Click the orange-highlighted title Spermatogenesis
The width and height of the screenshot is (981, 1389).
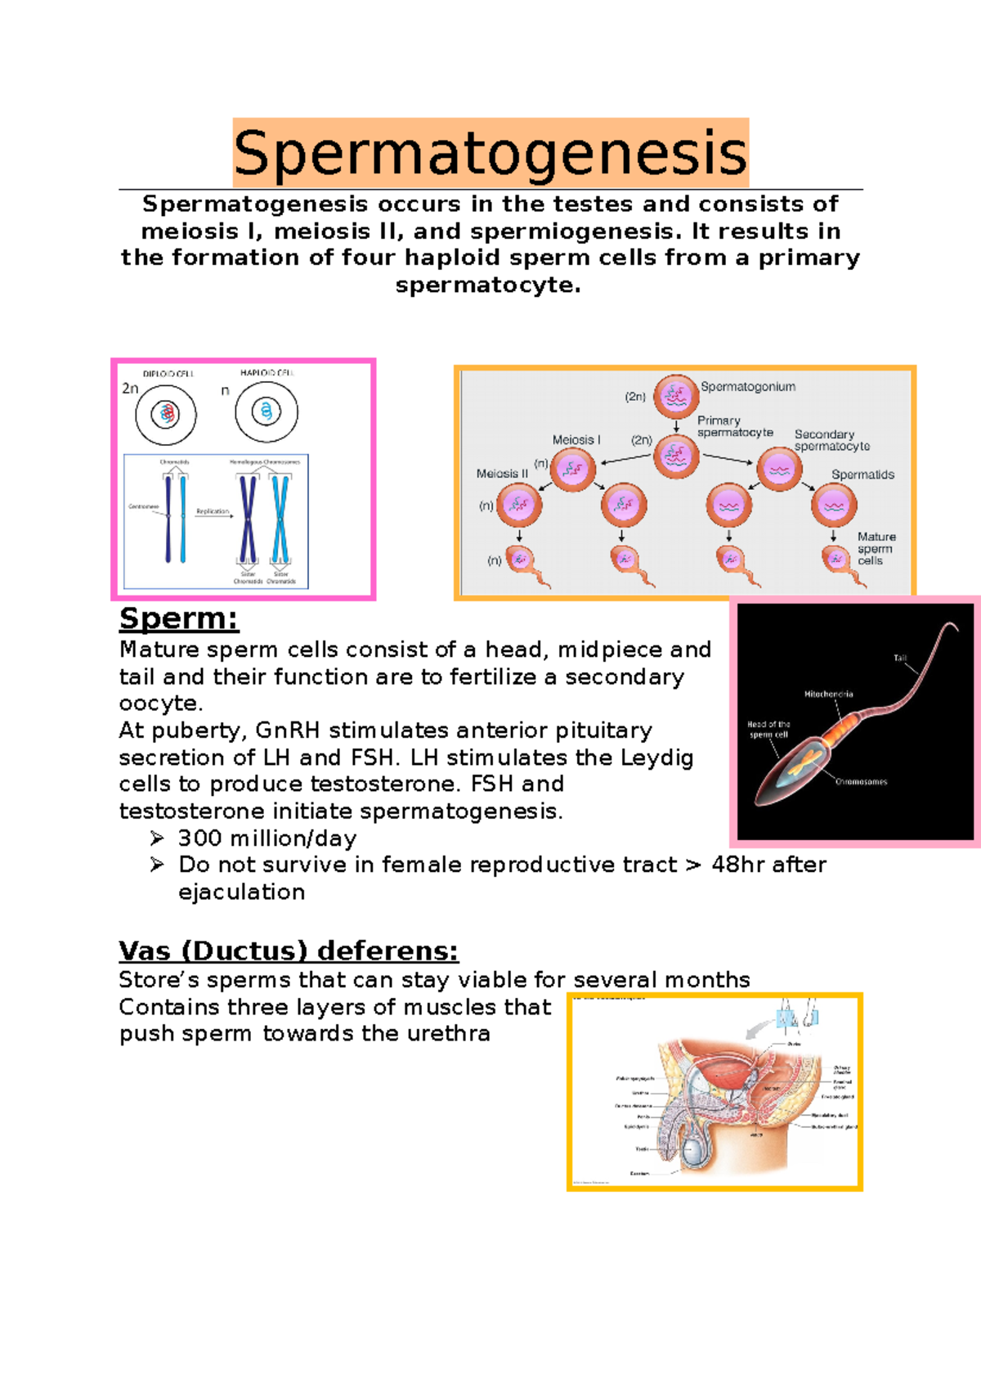(490, 153)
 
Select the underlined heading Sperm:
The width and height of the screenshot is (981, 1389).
(178, 618)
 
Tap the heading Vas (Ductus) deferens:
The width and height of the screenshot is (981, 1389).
(288, 951)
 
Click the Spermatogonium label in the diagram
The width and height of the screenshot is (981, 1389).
(747, 387)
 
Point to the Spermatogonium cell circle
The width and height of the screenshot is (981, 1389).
(675, 397)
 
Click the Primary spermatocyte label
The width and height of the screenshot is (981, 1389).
(734, 426)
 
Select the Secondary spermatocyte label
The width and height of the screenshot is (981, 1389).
(831, 440)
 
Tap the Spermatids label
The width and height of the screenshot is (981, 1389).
(862, 474)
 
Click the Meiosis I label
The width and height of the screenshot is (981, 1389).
(576, 440)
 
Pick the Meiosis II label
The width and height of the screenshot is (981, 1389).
(502, 474)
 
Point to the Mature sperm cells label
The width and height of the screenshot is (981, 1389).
(876, 548)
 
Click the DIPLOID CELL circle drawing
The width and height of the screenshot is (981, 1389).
(166, 414)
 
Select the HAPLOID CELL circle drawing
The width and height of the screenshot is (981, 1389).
(266, 411)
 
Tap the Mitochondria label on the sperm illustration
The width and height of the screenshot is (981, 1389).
(828, 694)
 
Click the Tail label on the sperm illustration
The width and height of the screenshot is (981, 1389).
(900, 658)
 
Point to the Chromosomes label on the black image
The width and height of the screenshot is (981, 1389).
(861, 782)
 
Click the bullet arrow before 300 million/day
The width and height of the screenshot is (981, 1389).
(157, 838)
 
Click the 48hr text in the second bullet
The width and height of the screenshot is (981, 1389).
(738, 865)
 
